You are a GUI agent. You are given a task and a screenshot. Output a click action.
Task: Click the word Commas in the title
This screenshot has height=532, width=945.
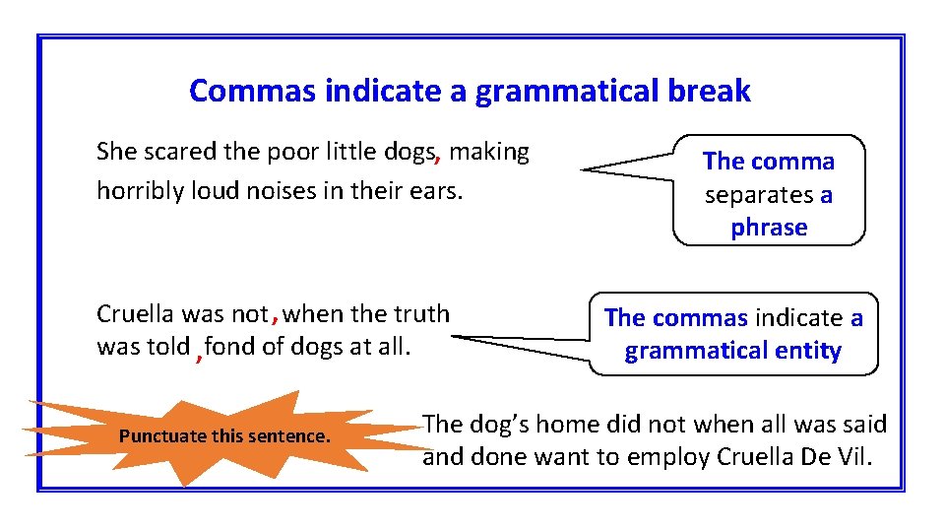[x=252, y=91]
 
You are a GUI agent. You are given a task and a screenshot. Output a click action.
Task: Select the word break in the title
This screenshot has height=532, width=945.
[x=709, y=91]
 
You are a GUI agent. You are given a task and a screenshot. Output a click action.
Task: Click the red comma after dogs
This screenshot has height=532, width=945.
[x=438, y=157]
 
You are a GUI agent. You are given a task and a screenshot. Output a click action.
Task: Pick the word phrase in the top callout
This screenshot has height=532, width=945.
[x=769, y=228]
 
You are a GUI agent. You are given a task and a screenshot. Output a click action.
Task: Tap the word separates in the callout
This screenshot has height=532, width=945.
[x=759, y=195]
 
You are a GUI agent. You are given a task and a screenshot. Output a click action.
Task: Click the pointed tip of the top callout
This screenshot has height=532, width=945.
[x=581, y=170]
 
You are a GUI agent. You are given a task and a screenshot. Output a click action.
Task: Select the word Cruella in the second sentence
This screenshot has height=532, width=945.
[x=136, y=313]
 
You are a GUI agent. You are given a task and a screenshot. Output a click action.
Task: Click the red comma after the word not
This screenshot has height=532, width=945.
[x=275, y=319]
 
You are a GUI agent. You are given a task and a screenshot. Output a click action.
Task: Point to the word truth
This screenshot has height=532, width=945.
[x=421, y=313]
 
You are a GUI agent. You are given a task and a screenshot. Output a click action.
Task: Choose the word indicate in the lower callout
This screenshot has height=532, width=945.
[x=798, y=317]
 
